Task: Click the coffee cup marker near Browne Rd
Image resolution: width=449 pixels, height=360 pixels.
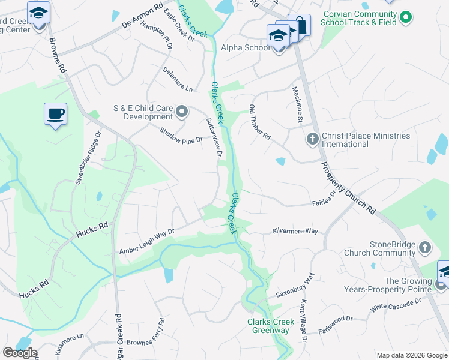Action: (55, 113)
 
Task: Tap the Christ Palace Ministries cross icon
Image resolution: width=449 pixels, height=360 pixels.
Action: (312, 140)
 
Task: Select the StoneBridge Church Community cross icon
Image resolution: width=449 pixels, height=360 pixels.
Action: (424, 247)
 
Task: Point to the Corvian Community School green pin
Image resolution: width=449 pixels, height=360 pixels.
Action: (406, 17)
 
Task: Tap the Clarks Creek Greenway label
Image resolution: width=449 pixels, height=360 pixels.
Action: (271, 326)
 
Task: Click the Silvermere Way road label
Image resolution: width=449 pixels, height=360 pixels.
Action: (295, 230)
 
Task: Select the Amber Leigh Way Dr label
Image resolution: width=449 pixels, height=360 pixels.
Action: (146, 242)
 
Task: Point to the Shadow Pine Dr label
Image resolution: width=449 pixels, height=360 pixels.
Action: (181, 136)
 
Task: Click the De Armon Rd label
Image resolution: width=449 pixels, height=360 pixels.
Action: (142, 17)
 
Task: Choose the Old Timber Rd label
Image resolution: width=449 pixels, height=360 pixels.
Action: (260, 123)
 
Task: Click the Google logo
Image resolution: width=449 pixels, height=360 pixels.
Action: (20, 353)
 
